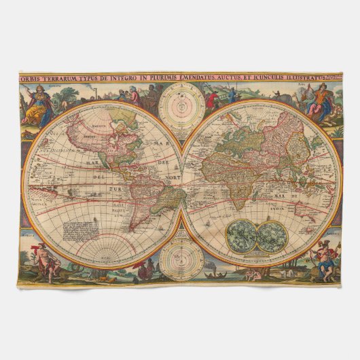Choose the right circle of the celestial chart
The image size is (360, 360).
pos(270,236)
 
